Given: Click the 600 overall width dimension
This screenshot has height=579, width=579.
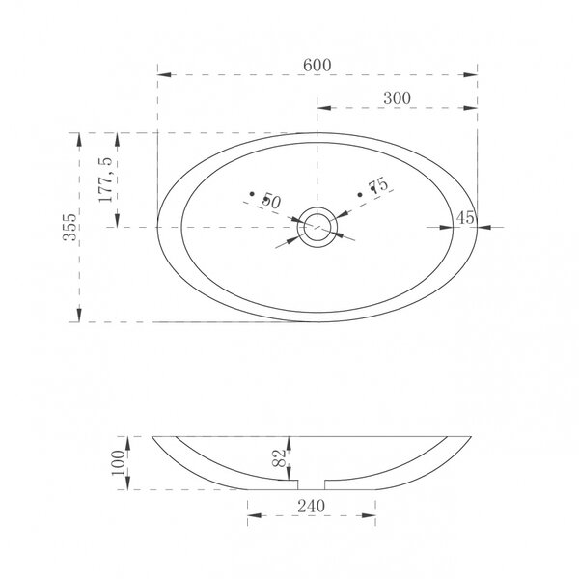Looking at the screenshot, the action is click(317, 66).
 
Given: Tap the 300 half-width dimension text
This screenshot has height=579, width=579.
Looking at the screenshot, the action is click(397, 98).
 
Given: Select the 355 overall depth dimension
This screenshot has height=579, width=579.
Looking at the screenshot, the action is click(69, 227).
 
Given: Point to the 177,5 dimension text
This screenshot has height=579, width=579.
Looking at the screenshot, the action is click(105, 179).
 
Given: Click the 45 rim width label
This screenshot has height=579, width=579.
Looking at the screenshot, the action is click(465, 218).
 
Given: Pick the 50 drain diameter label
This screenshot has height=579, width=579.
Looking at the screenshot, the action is click(271, 201).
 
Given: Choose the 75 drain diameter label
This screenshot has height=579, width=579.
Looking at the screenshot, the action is click(379, 184).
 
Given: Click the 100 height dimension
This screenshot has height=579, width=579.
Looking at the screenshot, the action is click(119, 463).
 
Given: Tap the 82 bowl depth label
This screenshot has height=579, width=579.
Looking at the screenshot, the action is click(280, 457).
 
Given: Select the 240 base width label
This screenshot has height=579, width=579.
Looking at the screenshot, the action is click(312, 507).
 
